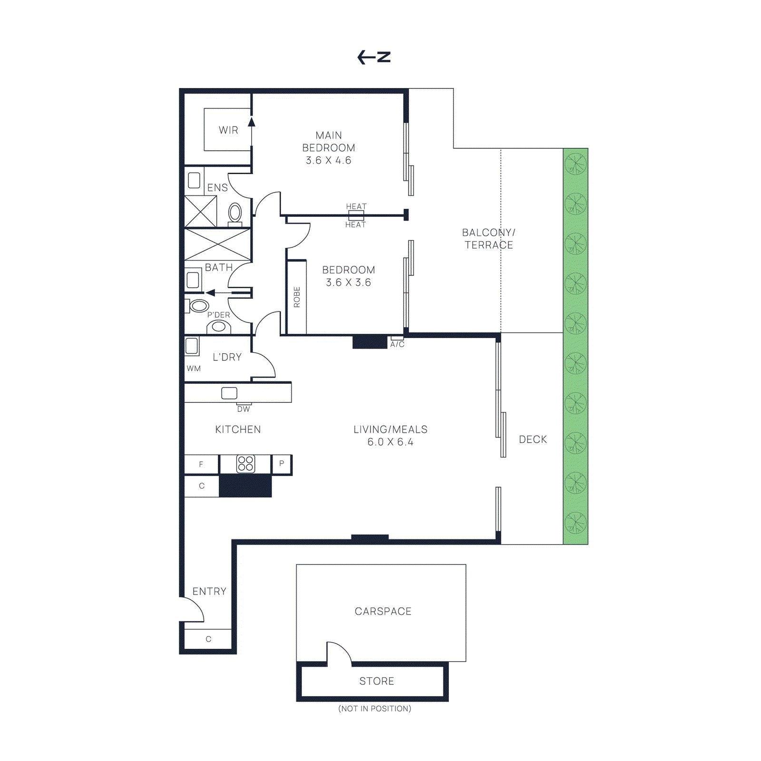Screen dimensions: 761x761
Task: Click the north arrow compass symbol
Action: pyautogui.click(x=374, y=57)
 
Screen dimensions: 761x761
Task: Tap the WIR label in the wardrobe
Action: pyautogui.click(x=228, y=130)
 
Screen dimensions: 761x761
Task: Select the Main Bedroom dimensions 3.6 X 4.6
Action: pyautogui.click(x=328, y=160)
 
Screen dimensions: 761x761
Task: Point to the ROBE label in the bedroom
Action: pyautogui.click(x=297, y=297)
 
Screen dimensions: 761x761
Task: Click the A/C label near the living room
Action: pyautogui.click(x=397, y=344)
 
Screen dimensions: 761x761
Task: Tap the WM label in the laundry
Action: pyautogui.click(x=194, y=369)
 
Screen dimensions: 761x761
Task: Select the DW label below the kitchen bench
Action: pyautogui.click(x=243, y=409)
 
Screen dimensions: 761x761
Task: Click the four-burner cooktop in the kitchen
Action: pyautogui.click(x=245, y=464)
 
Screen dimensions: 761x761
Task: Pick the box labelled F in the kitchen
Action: pyautogui.click(x=201, y=464)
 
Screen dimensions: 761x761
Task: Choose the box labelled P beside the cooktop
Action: pyautogui.click(x=282, y=463)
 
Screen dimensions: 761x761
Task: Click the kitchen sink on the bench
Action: pyautogui.click(x=229, y=393)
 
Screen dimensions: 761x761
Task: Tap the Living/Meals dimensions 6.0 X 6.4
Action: pyautogui.click(x=390, y=442)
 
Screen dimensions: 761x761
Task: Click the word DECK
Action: pyautogui.click(x=533, y=439)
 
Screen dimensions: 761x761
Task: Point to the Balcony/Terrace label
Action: pyautogui.click(x=488, y=239)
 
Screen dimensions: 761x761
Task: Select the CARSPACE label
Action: pyautogui.click(x=383, y=611)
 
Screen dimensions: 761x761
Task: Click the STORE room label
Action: pyautogui.click(x=376, y=681)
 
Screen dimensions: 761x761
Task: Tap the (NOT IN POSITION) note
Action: pyautogui.click(x=374, y=709)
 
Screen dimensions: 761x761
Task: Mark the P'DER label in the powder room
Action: pyautogui.click(x=218, y=315)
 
